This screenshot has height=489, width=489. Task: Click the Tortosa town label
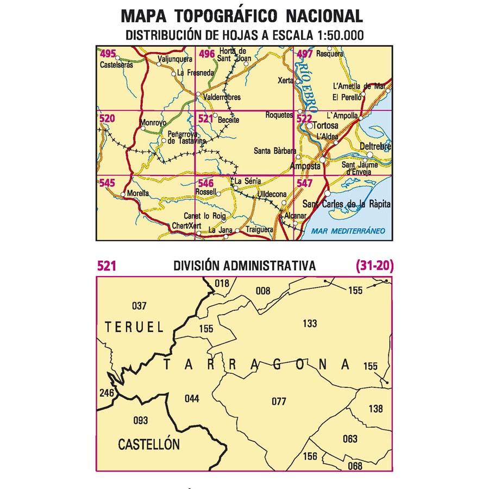(327, 126)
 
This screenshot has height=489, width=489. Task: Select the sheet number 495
(108, 53)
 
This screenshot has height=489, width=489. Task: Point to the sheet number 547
(305, 184)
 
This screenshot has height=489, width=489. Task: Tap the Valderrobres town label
(220, 97)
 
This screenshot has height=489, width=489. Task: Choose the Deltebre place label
(375, 147)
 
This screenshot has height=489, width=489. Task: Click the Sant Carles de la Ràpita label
(346, 204)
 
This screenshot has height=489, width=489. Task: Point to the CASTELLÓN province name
(148, 444)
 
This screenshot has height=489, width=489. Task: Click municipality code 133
(309, 324)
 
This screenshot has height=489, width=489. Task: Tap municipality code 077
(278, 402)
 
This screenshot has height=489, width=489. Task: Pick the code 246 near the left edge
(106, 393)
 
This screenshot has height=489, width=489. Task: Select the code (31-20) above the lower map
(374, 266)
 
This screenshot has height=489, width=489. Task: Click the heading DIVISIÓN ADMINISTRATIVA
(244, 266)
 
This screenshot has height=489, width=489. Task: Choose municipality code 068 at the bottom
(354, 466)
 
